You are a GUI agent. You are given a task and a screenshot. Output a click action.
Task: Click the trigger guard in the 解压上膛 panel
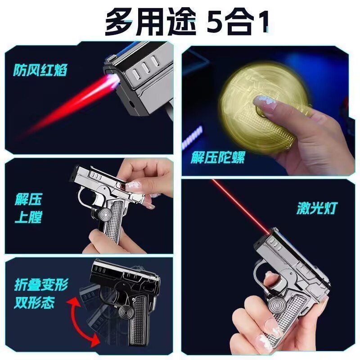pyautogui.click(x=85, y=198)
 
